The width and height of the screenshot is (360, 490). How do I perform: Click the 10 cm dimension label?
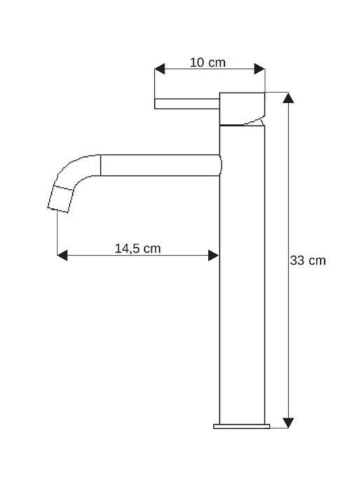click(208, 62)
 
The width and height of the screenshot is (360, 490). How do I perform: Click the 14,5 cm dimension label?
click(137, 248)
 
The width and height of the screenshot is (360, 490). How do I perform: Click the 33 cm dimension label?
click(308, 260)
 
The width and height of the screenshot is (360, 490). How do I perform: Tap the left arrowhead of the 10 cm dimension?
click(159, 69)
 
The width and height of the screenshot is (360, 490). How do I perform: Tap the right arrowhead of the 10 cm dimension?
click(261, 69)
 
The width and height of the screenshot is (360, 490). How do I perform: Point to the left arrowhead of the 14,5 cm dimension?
click(62, 255)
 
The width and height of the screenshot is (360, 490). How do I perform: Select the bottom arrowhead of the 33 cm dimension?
click(288, 422)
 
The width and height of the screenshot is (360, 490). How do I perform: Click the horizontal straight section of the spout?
click(161, 164)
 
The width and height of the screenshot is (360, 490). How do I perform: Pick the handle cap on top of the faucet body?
click(242, 107)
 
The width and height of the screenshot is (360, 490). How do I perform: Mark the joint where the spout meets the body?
click(221, 164)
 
